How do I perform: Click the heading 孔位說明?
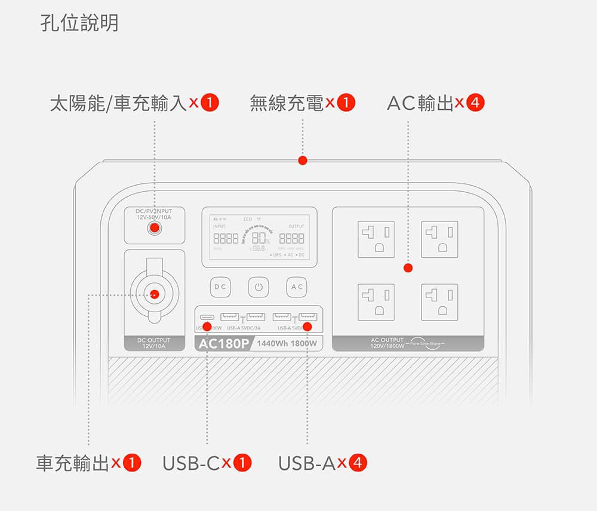[79, 23]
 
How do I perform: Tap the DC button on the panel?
[220, 287]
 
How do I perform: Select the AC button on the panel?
[297, 287]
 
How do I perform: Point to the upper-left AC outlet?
[376, 239]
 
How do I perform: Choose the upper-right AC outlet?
[439, 239]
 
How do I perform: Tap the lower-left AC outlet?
[376, 302]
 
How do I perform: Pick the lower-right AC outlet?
[439, 302]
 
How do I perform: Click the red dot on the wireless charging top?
[303, 160]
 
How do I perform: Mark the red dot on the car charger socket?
[155, 293]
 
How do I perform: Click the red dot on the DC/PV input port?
[155, 227]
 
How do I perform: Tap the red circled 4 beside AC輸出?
[475, 103]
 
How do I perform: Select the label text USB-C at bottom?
[191, 463]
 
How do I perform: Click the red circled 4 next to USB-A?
[358, 463]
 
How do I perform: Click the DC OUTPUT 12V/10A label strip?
[154, 343]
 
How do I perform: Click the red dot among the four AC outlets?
[408, 267]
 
